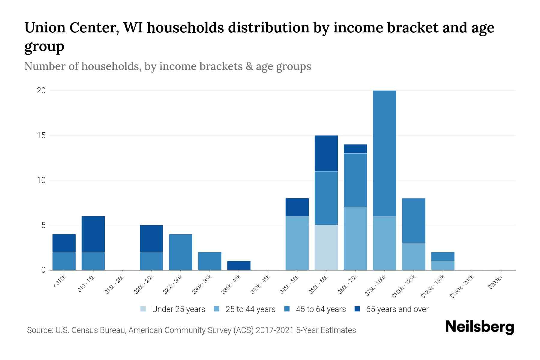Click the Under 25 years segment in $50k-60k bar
(x=326, y=247)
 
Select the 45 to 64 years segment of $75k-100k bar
(x=384, y=153)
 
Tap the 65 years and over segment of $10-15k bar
(x=93, y=234)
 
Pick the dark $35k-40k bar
(x=239, y=265)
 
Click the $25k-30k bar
(x=181, y=252)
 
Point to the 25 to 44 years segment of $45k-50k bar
(x=297, y=243)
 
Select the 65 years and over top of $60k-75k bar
(x=355, y=149)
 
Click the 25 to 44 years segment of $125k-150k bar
(x=442, y=265)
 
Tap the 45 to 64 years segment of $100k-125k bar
(x=413, y=220)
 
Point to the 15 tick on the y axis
(x=41, y=136)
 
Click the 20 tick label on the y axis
(x=41, y=91)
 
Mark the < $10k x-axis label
(x=59, y=282)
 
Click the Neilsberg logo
(x=480, y=327)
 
